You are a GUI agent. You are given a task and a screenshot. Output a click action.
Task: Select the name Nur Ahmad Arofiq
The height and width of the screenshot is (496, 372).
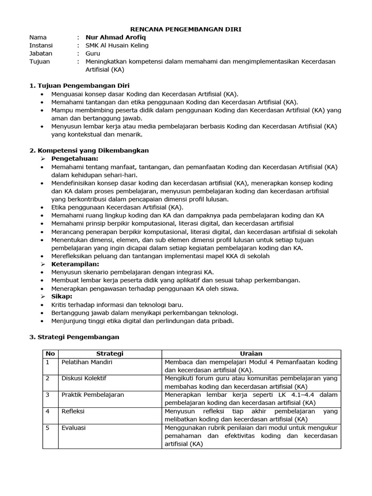(x=115, y=37)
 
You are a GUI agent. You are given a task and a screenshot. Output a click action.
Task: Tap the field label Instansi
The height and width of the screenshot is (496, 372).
(x=41, y=46)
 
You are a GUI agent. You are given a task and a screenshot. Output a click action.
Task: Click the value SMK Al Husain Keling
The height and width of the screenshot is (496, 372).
(x=117, y=46)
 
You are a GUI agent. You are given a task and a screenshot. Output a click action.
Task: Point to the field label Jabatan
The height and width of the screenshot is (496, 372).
(x=41, y=54)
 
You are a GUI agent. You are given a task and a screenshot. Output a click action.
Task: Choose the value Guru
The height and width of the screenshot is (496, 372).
(x=93, y=54)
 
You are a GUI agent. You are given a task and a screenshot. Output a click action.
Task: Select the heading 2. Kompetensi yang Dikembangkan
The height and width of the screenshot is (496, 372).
(x=89, y=151)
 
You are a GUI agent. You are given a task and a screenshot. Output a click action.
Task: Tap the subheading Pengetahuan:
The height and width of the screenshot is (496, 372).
(x=75, y=158)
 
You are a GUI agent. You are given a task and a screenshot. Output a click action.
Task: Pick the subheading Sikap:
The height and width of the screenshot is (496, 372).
(x=62, y=296)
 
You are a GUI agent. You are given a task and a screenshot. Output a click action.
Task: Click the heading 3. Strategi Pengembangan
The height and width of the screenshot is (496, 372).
(x=74, y=337)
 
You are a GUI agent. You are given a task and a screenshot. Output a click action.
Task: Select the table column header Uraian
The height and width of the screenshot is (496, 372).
(x=251, y=354)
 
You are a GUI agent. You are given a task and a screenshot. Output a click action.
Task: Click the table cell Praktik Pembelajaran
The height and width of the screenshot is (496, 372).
(x=92, y=395)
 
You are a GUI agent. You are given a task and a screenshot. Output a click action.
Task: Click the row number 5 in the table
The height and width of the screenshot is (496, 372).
(x=47, y=428)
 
